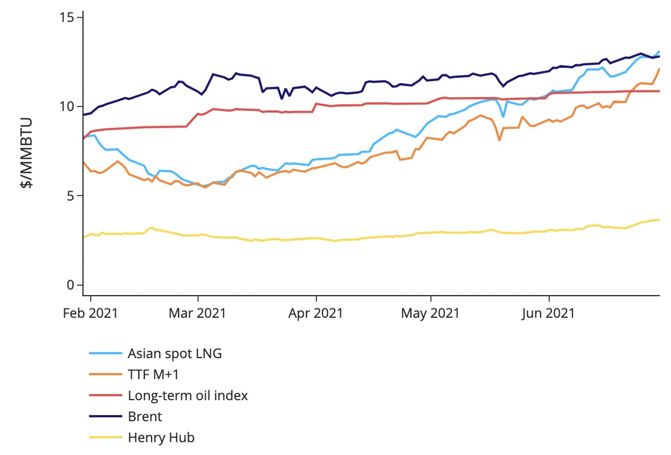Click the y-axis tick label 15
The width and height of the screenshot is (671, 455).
(x=67, y=17)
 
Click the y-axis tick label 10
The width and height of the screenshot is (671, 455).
(x=67, y=106)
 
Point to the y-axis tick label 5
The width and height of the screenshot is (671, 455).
(x=71, y=196)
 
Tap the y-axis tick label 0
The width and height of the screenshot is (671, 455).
(x=71, y=285)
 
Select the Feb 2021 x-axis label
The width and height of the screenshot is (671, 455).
(x=90, y=313)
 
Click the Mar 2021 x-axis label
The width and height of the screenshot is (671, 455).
(x=197, y=313)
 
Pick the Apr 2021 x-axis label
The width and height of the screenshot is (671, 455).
(x=315, y=313)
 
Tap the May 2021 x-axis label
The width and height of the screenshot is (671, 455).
(x=430, y=313)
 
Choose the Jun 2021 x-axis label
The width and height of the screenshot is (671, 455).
(x=548, y=313)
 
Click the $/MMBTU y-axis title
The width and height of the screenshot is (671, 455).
(x=27, y=152)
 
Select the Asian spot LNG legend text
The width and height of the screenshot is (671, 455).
(x=175, y=354)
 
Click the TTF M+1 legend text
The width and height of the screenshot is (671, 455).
(x=153, y=375)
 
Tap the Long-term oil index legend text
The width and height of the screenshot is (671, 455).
(x=188, y=396)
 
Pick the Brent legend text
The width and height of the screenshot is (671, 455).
(x=145, y=416)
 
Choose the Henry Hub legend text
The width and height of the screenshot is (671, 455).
(x=161, y=437)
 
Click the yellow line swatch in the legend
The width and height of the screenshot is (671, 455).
(x=105, y=437)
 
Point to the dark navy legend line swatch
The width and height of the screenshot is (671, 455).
(x=105, y=416)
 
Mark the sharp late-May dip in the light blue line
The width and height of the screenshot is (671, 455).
(x=503, y=116)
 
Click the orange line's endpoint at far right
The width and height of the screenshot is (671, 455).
(x=659, y=69)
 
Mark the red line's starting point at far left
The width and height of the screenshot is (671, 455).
(x=83, y=138)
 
